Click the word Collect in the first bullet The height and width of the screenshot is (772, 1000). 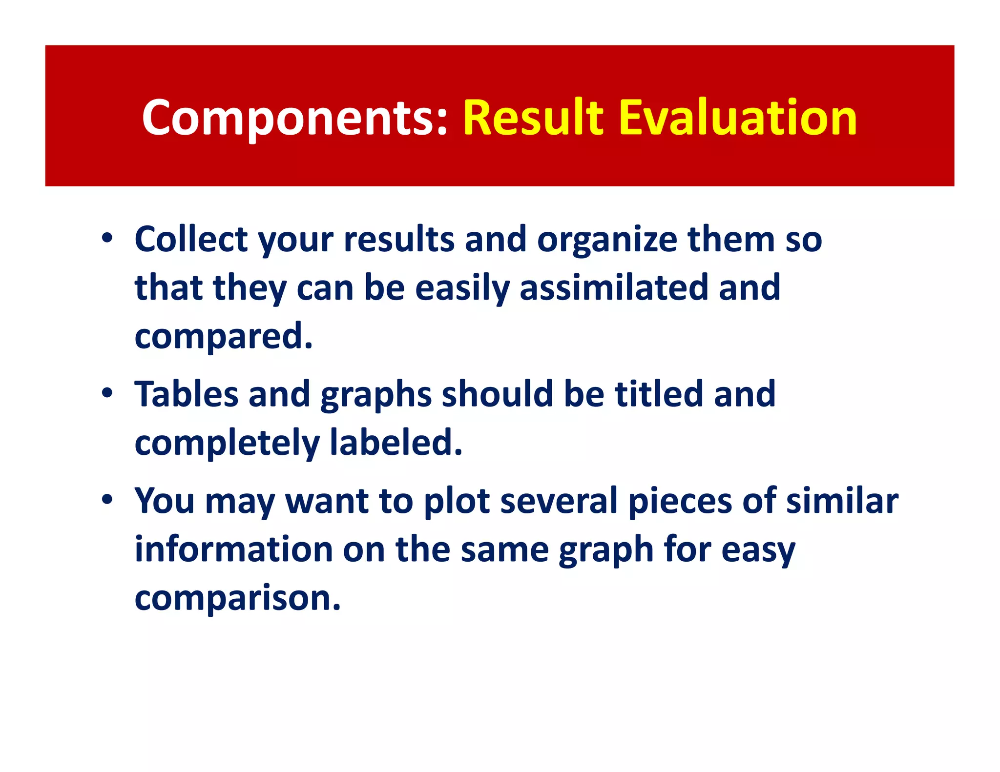pyautogui.click(x=191, y=240)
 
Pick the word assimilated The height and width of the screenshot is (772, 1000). pyautogui.click(x=613, y=287)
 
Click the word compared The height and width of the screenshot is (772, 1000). pyautogui.click(x=223, y=336)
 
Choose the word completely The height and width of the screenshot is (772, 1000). pyautogui.click(x=227, y=443)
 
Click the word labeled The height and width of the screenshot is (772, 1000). pyautogui.click(x=396, y=443)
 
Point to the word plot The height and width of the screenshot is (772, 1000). pyautogui.click(x=457, y=501)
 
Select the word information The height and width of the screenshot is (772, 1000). pyautogui.click(x=233, y=549)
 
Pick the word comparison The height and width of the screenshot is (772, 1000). pyautogui.click(x=237, y=598)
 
